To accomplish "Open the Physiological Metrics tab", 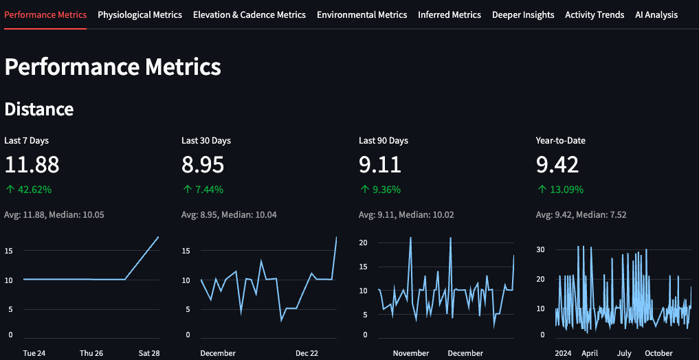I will click(140, 14).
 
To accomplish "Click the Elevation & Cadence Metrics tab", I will click(249, 14).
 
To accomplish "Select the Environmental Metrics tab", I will click(362, 14).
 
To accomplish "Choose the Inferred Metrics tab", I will click(449, 14).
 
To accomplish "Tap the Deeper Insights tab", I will click(523, 14).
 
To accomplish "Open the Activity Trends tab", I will click(595, 14).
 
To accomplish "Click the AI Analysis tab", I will click(656, 14).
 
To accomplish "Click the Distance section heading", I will click(38, 109).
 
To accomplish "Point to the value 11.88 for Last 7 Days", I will click(32, 165).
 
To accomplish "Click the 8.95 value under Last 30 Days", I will click(203, 165).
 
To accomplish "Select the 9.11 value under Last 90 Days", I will click(380, 165).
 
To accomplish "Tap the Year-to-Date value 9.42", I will click(557, 165).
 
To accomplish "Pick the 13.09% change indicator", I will click(560, 190).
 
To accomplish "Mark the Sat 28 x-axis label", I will click(148, 353).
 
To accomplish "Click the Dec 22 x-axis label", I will click(307, 353).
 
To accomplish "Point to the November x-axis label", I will click(411, 353).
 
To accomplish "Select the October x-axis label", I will click(658, 353).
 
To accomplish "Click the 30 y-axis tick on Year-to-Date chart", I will click(541, 249).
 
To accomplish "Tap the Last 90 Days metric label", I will click(383, 141).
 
